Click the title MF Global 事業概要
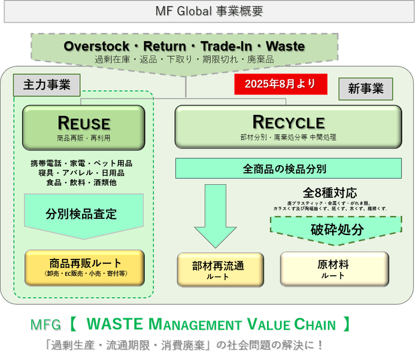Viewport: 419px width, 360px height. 209,11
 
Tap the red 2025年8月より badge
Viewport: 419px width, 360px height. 280,84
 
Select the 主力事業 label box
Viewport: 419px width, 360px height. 47,86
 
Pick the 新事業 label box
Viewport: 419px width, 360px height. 366,89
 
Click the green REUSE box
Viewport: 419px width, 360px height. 84,127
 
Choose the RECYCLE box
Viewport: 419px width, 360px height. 288,127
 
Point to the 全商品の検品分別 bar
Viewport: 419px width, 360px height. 288,168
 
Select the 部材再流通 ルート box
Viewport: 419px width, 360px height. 220,270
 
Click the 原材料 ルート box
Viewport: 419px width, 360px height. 334,269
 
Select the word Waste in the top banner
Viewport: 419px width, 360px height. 285,46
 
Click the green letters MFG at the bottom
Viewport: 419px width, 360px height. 45,326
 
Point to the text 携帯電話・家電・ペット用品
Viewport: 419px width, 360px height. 81,163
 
